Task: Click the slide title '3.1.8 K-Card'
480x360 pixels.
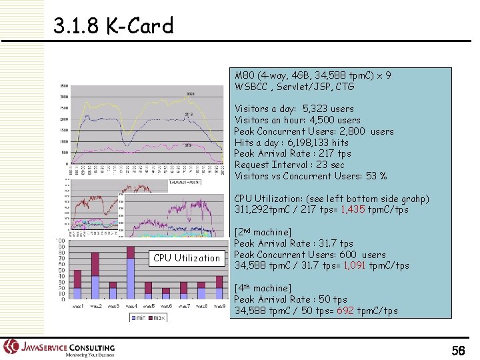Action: coord(113,27)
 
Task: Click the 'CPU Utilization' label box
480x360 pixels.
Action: coord(187,258)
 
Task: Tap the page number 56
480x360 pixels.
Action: coord(458,351)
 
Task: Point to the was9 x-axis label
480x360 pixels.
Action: coord(219,306)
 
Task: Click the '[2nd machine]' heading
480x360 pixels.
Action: coord(263,232)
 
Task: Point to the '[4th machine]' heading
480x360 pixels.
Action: coord(263,288)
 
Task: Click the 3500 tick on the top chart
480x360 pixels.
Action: coord(64,86)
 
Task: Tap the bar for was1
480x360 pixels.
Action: coord(77,284)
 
